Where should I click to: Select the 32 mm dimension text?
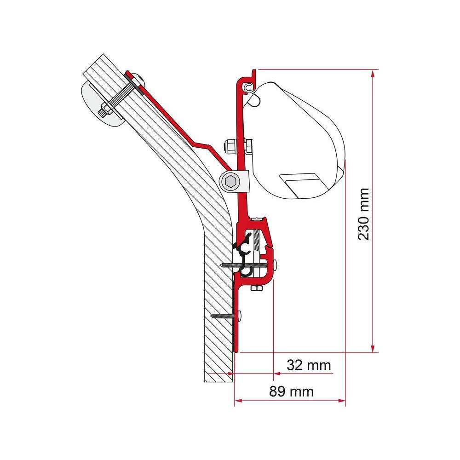click(309, 366)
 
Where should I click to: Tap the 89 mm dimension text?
click(291, 391)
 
